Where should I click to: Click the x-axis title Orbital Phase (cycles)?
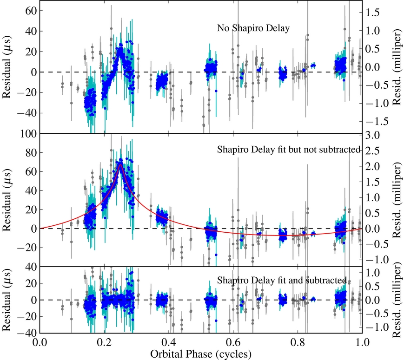[x=201, y=353]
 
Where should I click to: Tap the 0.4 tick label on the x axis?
[x=169, y=342]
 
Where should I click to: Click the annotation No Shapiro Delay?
[x=253, y=29]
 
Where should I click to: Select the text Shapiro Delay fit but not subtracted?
[x=289, y=150]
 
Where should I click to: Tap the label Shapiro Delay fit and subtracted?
[x=282, y=280]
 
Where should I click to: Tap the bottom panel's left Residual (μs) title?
[x=8, y=300]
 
